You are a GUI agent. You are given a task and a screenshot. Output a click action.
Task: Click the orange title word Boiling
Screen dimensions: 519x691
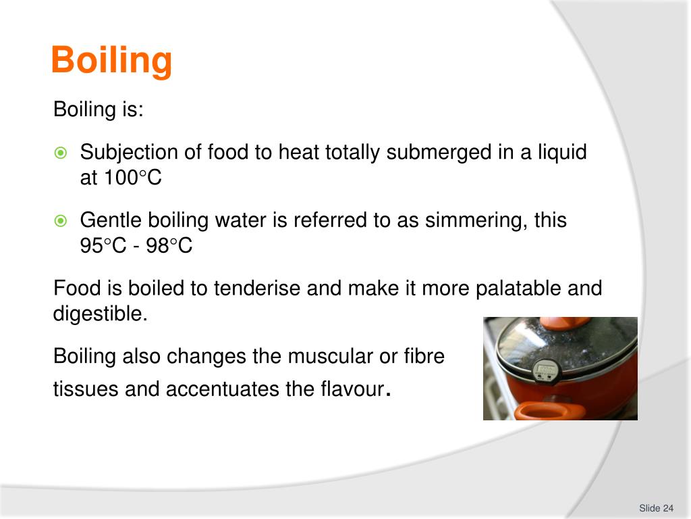(111, 61)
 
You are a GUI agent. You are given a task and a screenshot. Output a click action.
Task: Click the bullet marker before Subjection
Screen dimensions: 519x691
(61, 153)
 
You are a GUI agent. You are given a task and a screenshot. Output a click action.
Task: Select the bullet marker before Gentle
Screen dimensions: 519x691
(61, 221)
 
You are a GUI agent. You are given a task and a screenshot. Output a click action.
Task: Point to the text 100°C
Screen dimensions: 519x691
(133, 178)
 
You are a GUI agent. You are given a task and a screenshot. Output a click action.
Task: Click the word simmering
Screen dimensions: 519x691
(476, 220)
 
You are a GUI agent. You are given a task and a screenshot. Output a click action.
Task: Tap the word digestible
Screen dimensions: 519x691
(100, 314)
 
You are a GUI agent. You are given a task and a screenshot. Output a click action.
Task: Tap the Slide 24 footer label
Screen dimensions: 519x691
(657, 508)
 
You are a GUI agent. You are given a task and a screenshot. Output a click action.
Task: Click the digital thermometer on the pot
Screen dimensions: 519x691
(546, 370)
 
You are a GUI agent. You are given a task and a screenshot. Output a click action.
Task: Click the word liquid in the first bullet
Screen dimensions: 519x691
(563, 153)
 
